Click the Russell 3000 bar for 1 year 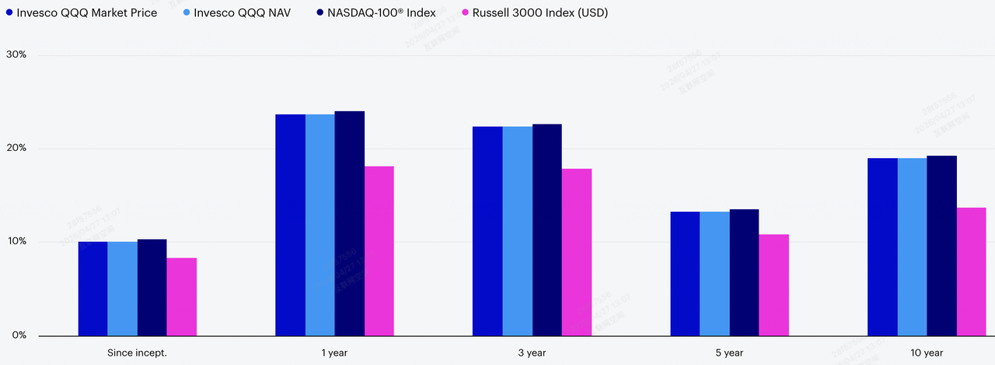(379, 251)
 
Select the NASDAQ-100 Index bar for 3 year (546, 230)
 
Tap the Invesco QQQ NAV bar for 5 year (714, 273)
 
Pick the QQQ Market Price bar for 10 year (882, 247)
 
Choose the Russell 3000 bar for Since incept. (181, 297)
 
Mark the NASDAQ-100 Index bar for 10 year (941, 245)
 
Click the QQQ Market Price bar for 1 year (290, 225)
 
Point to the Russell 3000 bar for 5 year (773, 285)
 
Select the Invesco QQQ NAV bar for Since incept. (122, 288)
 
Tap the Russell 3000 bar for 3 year (576, 252)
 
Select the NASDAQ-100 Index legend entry (376, 13)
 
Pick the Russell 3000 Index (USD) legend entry (536, 13)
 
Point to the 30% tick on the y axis (16, 55)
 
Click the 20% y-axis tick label (16, 149)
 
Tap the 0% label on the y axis (19, 335)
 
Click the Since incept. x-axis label (137, 353)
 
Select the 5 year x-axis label (729, 353)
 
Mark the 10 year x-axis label (927, 353)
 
